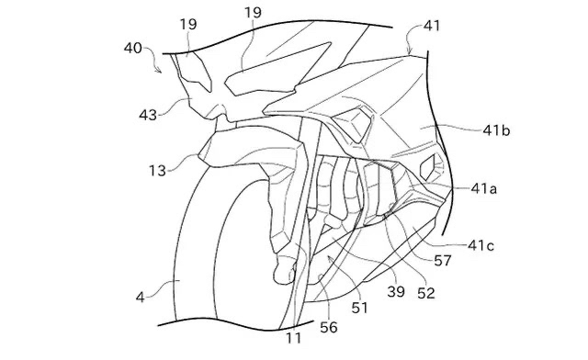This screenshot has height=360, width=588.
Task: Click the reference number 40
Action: pos(132,48)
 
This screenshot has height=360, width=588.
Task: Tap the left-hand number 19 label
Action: pos(188,25)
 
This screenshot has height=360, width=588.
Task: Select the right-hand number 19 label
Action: pos(254,13)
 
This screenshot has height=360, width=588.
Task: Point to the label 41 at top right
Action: pos(431,26)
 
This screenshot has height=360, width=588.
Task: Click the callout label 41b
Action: pos(496,130)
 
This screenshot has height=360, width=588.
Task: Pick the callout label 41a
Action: pos(484,188)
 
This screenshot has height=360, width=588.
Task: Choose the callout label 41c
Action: pos(481,245)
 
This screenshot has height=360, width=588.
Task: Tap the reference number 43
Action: pos(148,115)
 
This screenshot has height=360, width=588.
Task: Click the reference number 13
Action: pos(157,171)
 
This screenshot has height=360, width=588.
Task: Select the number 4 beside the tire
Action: pos(141,298)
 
